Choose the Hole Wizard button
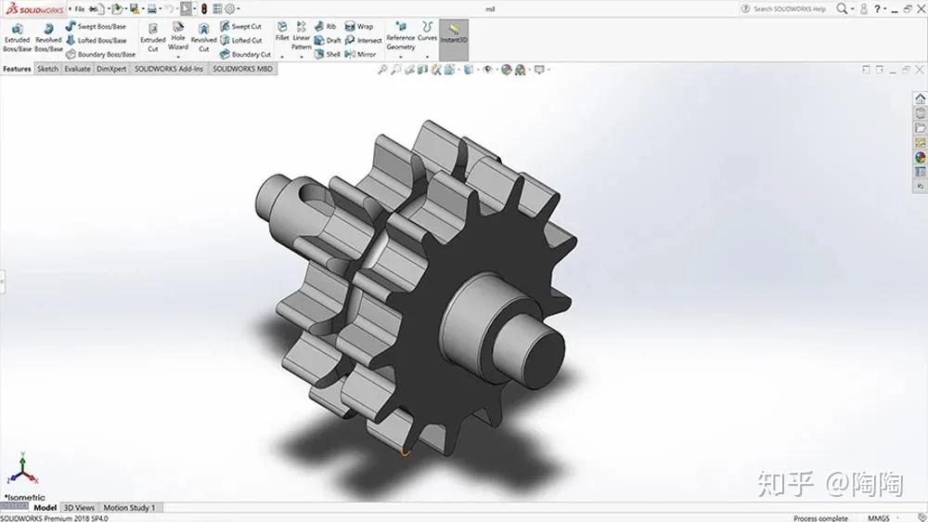[178, 38]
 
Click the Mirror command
[361, 54]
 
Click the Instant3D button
[453, 37]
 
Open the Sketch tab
[47, 69]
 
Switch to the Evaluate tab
[77, 69]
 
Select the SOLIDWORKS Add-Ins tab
[169, 69]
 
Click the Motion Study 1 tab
[129, 508]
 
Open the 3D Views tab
[79, 508]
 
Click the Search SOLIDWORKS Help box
[789, 8]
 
